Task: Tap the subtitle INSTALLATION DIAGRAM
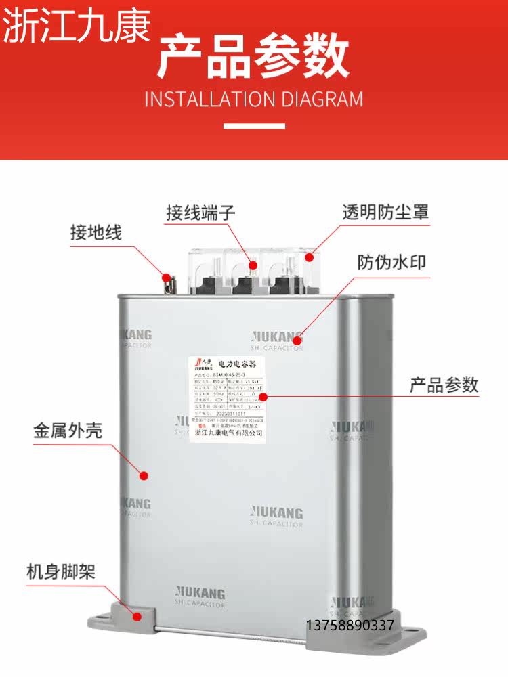click(x=254, y=100)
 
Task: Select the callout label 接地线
click(x=96, y=233)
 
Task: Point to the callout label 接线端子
click(x=200, y=212)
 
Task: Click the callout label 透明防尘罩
click(x=385, y=212)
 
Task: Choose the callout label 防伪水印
click(x=392, y=262)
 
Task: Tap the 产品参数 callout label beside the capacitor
click(x=444, y=385)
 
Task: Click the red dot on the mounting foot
click(x=137, y=616)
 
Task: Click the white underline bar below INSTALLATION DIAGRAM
click(x=254, y=126)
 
